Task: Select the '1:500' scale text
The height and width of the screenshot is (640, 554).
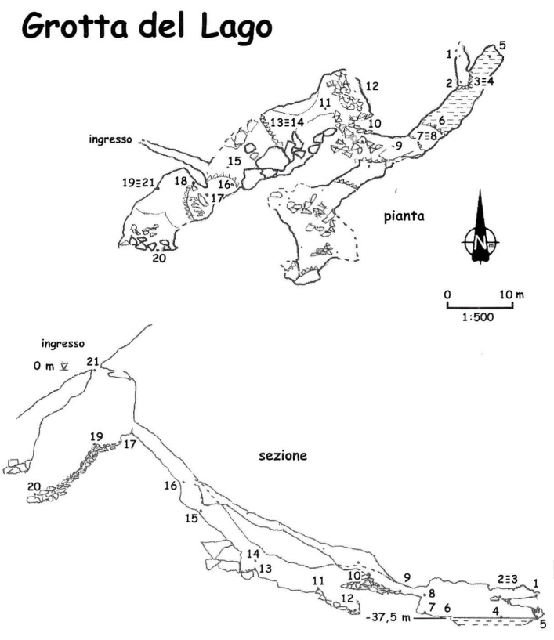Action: [478, 317]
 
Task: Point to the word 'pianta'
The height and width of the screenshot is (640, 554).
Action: [404, 216]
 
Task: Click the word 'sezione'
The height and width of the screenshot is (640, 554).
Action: [283, 455]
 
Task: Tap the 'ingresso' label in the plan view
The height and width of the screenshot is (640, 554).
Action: [110, 139]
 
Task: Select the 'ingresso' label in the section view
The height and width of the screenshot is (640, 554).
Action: [63, 344]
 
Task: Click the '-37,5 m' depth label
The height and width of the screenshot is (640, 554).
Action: [388, 617]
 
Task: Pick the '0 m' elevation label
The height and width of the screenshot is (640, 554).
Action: [44, 366]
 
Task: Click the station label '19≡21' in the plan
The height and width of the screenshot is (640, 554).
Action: [137, 183]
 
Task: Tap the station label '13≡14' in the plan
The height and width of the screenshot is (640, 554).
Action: [288, 122]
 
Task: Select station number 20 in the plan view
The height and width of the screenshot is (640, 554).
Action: [159, 258]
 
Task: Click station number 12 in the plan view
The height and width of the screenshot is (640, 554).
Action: [372, 86]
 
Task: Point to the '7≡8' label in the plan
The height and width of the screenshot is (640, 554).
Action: [427, 136]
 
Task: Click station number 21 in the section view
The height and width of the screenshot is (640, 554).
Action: [92, 361]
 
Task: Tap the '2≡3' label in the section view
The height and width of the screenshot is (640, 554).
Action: [508, 579]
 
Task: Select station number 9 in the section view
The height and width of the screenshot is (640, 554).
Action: [407, 577]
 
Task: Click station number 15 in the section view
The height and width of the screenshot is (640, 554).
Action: [191, 519]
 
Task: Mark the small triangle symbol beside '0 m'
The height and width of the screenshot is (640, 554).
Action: [64, 367]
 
